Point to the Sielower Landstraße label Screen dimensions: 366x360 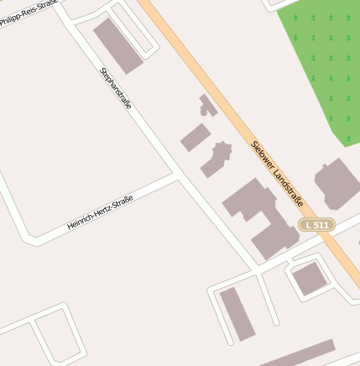(277, 172)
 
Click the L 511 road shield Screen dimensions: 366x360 (317, 225)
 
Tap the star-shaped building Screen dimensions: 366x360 (217, 158)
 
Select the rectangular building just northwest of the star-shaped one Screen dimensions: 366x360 (196, 138)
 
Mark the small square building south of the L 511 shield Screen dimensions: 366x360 (309, 278)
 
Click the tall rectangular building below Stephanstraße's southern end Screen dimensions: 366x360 (237, 313)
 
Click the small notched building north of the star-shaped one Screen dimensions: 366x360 (206, 106)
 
